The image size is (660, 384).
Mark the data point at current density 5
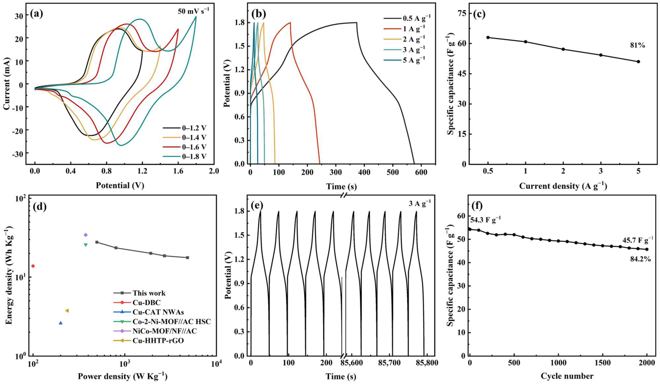click(638, 62)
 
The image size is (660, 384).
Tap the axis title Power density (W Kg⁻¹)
click(122, 376)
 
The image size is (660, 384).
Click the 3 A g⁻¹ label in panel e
click(419, 203)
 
